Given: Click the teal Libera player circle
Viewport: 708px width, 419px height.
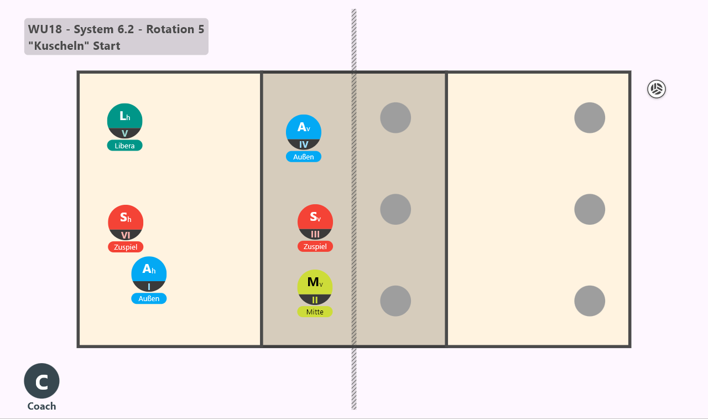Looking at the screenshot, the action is point(124,121).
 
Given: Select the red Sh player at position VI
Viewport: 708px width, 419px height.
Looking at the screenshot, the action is point(126,223).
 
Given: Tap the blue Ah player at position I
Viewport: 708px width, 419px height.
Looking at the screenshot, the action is point(149,274).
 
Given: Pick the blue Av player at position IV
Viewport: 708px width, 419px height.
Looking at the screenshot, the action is point(304,132).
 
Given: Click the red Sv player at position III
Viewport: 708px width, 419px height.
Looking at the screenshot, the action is point(315,221).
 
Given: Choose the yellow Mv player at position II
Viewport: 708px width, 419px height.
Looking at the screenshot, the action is point(315,287).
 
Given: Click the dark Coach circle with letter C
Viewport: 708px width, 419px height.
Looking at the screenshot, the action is point(41,381).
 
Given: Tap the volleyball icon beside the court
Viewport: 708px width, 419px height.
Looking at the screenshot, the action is point(657,89).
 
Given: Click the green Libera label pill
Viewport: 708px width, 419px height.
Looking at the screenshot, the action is point(124,146).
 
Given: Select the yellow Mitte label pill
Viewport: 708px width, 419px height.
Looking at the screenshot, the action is point(315,312).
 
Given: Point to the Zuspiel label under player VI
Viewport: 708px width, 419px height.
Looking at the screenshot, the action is point(126,247).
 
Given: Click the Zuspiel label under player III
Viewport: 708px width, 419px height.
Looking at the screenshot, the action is point(315,246).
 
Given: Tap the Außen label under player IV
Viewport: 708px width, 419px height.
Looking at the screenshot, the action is point(304,157).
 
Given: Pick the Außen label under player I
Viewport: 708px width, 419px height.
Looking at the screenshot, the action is point(149,298).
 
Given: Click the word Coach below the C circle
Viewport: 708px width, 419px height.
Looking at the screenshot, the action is point(41,406).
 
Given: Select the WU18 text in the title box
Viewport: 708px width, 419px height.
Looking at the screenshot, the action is point(45,29).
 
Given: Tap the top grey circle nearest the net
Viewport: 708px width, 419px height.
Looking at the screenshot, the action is point(395,118).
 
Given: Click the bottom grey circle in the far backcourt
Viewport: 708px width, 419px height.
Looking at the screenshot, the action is point(590,301).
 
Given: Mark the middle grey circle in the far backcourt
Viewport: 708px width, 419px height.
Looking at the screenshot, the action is point(590,209).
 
